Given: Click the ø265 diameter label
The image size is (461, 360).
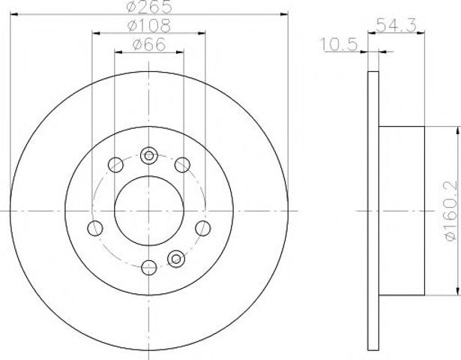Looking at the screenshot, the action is click(x=149, y=7).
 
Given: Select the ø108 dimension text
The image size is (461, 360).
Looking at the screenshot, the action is click(x=148, y=26).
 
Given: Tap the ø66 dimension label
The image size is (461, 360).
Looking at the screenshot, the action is click(x=149, y=45).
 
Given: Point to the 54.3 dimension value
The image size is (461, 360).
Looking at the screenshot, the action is click(x=396, y=25).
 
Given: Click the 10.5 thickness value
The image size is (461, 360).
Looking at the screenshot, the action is click(x=339, y=44).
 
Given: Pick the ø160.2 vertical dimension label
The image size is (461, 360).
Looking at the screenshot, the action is click(x=451, y=211).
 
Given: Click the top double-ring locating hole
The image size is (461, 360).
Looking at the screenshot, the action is click(x=149, y=155).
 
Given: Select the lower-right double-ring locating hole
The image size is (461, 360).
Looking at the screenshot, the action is click(x=176, y=259).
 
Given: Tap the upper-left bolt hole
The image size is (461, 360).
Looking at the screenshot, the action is click(x=115, y=165).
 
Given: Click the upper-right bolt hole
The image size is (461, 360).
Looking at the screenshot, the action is click(x=182, y=165).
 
